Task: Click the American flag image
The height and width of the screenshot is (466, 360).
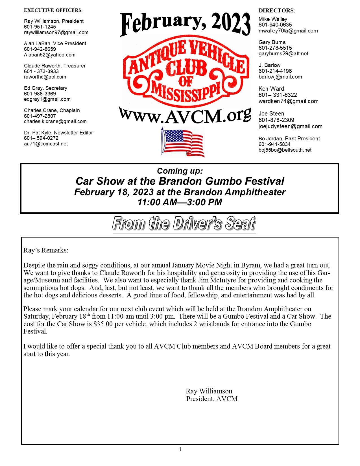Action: click(183, 142)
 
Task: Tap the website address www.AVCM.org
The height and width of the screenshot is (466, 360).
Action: click(185, 116)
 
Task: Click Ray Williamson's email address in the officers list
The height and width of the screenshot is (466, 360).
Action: click(56, 32)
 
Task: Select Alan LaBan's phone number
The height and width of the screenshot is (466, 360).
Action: click(40, 49)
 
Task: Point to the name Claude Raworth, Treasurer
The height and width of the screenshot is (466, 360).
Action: click(55, 66)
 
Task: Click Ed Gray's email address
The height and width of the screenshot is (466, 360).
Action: click(47, 99)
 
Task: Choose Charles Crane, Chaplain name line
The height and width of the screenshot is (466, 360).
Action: click(52, 110)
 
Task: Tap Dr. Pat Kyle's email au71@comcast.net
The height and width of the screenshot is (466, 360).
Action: click(46, 144)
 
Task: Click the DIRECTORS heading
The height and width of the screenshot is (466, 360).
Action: click(277, 11)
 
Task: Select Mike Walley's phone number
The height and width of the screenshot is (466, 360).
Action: click(275, 25)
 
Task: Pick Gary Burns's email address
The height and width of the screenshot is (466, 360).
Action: click(283, 54)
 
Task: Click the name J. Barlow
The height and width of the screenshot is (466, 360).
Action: click(269, 65)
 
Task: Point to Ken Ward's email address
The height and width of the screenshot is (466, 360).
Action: click(289, 101)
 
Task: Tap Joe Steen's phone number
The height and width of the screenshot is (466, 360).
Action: click(276, 120)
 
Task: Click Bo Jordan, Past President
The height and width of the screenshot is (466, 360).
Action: click(289, 139)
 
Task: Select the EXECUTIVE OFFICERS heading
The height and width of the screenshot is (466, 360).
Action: click(53, 10)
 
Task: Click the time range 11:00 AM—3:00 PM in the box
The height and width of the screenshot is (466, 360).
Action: click(180, 202)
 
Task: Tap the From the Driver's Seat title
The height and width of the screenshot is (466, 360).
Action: click(184, 224)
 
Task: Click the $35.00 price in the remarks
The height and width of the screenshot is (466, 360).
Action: click(103, 324)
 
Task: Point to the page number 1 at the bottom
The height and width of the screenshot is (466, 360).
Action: click(180, 450)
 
